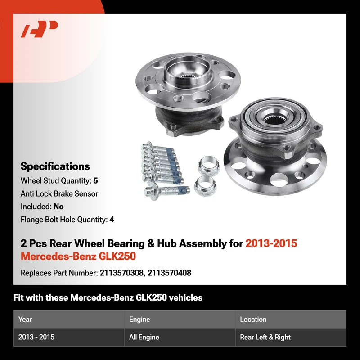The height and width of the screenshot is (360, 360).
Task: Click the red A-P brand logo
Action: pyautogui.click(x=39, y=29)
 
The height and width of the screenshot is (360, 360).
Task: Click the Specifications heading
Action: pyautogui.click(x=55, y=166)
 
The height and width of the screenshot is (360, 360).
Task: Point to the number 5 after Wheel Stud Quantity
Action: pyautogui.click(x=95, y=181)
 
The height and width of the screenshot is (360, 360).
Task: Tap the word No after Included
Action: pyautogui.click(x=58, y=207)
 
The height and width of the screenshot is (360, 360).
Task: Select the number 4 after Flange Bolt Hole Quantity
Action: pyautogui.click(x=112, y=220)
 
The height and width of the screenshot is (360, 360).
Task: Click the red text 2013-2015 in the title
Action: pyautogui.click(x=271, y=243)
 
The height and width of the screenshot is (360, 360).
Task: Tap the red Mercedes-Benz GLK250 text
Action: pyautogui.click(x=78, y=256)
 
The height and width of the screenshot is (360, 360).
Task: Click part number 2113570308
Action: pyautogui.click(x=121, y=273)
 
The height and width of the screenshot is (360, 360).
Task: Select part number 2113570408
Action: pyautogui.click(x=169, y=273)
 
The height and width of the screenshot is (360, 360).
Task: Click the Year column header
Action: pyautogui.click(x=25, y=319)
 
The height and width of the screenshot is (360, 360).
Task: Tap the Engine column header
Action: pyautogui.click(x=139, y=319)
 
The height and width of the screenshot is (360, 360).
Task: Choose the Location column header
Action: pyautogui.click(x=253, y=319)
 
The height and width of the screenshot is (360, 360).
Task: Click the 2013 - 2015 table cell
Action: pyautogui.click(x=36, y=337)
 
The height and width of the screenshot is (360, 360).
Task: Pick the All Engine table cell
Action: pyautogui.click(x=144, y=337)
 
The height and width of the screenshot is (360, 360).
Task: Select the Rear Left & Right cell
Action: pyautogui.click(x=265, y=337)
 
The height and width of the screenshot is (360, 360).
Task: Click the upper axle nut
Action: pyautogui.click(x=208, y=166)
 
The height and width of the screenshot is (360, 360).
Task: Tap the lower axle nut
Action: pyautogui.click(x=206, y=186)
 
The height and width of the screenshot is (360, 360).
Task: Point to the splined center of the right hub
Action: pyautogui.click(x=273, y=119)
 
